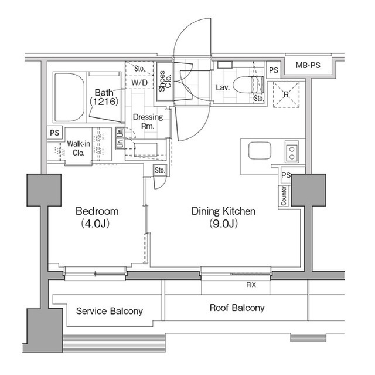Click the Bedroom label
[x=97, y=211]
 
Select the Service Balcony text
[x=110, y=311]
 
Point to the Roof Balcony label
[x=237, y=308]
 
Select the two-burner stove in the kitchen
[x=291, y=152]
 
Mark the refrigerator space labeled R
[x=285, y=94]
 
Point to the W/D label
[x=139, y=83]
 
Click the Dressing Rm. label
[x=147, y=121]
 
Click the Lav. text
[x=222, y=87]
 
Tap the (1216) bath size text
[x=104, y=102]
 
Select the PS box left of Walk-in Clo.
[x=54, y=133]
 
